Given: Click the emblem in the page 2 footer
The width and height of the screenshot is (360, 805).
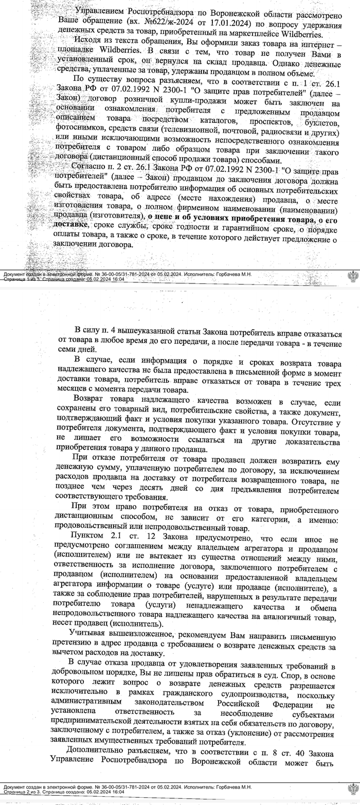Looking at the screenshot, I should click(353, 789).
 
